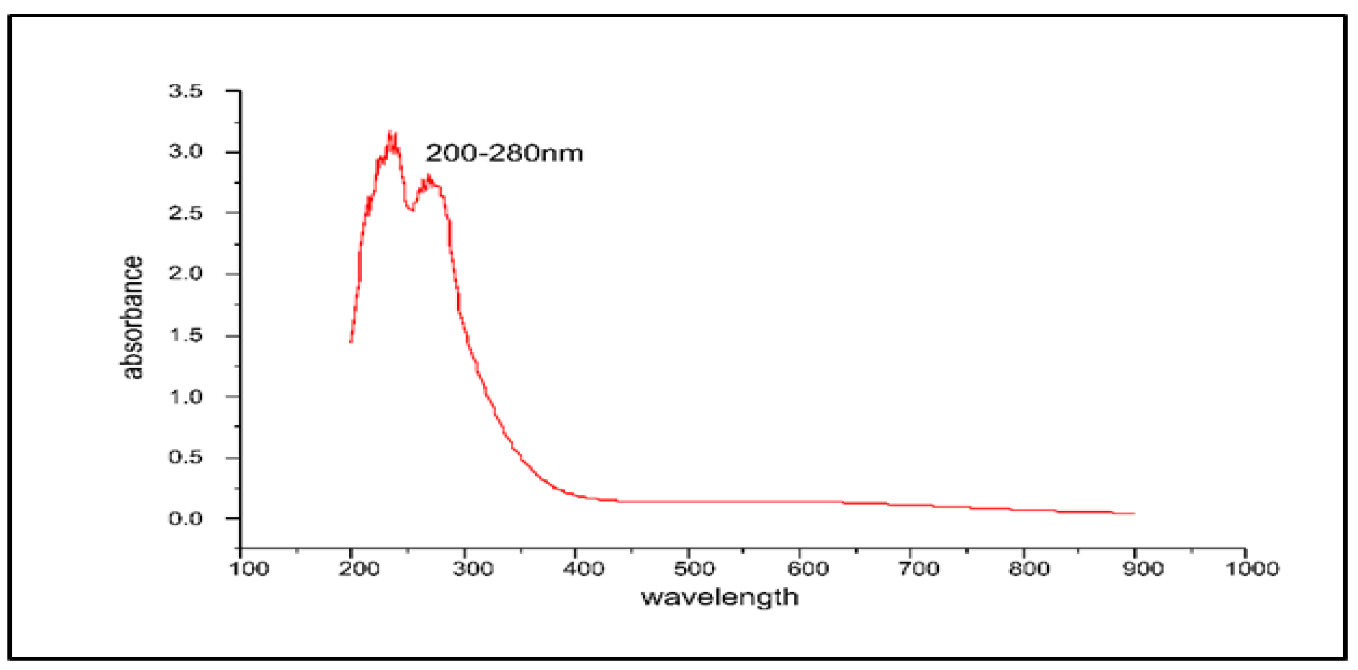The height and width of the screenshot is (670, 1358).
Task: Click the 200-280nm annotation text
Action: [504, 153]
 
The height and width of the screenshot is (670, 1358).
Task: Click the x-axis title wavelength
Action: [720, 598]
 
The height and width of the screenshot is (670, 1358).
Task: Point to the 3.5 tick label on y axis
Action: [186, 91]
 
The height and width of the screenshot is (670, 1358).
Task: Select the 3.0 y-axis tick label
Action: [186, 152]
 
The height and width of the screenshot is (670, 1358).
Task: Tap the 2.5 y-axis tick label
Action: [186, 213]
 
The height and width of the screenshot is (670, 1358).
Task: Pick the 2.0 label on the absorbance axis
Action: [186, 273]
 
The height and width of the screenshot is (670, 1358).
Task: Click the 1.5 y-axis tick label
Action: [186, 335]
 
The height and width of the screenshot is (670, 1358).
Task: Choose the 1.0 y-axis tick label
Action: [186, 397]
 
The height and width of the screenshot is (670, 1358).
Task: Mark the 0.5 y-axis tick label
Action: [186, 457]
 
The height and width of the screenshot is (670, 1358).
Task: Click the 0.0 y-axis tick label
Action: [186, 519]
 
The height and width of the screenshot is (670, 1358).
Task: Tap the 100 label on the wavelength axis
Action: [250, 569]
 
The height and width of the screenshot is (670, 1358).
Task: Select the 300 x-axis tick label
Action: [473, 569]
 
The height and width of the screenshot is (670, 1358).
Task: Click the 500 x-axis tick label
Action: [695, 569]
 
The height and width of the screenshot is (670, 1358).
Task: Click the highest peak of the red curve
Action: [391, 134]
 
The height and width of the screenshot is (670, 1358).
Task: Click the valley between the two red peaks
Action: [411, 209]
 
